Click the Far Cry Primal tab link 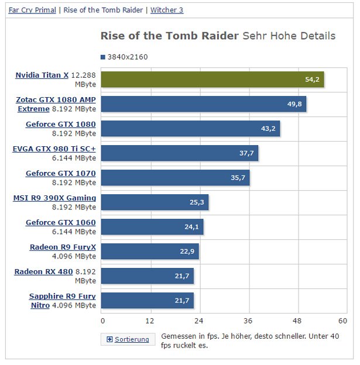click(32, 10)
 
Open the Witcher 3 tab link click(167, 10)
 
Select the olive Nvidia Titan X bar click(212, 80)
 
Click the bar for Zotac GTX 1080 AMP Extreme click(204, 104)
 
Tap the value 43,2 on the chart click(268, 129)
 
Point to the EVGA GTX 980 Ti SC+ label click(54, 149)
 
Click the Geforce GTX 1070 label click(60, 174)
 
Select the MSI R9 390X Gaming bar click(155, 202)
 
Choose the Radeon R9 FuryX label click(63, 247)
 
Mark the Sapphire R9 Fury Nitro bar click(147, 301)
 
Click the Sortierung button click(128, 339)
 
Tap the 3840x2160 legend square click(103, 57)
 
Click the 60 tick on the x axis click(343, 321)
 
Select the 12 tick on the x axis click(150, 321)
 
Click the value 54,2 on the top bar click(313, 80)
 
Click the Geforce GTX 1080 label click(60, 124)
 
